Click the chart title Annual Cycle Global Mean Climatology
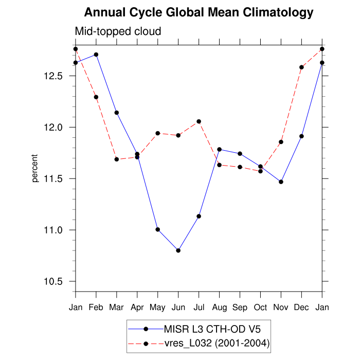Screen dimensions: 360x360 [199, 12]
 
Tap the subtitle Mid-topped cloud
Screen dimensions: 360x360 [118, 31]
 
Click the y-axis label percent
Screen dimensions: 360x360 [35, 168]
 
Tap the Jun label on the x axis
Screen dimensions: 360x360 [178, 307]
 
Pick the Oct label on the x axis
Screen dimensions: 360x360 [261, 307]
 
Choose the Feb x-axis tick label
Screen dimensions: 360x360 [96, 307]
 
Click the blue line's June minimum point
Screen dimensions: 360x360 [178, 250]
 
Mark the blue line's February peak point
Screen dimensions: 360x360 [96, 55]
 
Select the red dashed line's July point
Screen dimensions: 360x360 [199, 121]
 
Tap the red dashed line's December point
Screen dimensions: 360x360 [302, 67]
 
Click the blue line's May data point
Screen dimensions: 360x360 [158, 229]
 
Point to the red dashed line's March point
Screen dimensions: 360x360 [117, 159]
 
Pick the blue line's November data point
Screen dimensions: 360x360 [281, 182]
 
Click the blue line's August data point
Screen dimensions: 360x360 [220, 150]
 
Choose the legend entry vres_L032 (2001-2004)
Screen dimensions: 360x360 [217, 343]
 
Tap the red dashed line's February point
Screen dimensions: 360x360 [96, 97]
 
